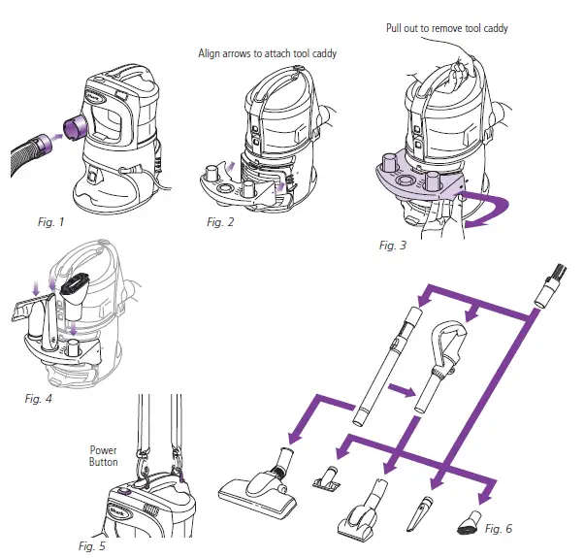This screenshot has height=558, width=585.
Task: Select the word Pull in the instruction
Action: pyautogui.click(x=396, y=29)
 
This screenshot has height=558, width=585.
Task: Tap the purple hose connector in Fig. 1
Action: pyautogui.click(x=70, y=127)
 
